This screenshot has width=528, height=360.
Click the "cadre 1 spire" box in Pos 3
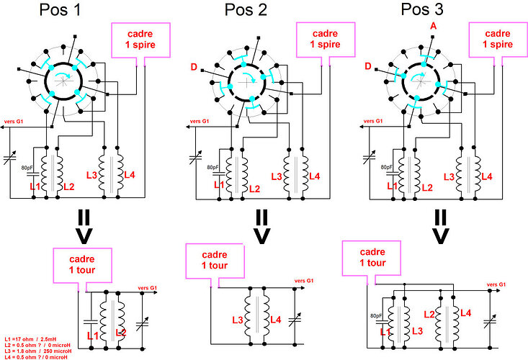pos(496,40)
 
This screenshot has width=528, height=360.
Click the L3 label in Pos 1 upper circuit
pos(91,176)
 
